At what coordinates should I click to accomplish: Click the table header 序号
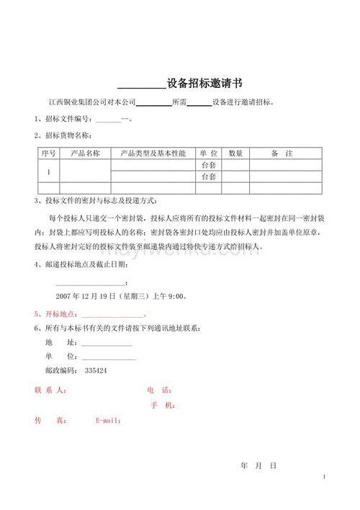coord(49,153)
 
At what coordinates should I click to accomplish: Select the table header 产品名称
coord(85,153)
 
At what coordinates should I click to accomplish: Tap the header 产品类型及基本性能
coord(153,153)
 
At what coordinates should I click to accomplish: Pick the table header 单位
coord(209,153)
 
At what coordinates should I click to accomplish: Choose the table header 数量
coord(235,153)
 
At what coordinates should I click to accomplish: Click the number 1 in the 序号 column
coord(49,171)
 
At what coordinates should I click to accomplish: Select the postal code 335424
coord(96,370)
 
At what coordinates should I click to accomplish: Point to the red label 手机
coord(163,406)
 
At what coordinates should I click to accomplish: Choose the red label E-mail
coord(109,421)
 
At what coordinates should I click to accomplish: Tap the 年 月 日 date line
coord(258,466)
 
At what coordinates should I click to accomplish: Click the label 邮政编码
coord(60,370)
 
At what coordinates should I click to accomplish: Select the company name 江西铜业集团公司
coord(75,102)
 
